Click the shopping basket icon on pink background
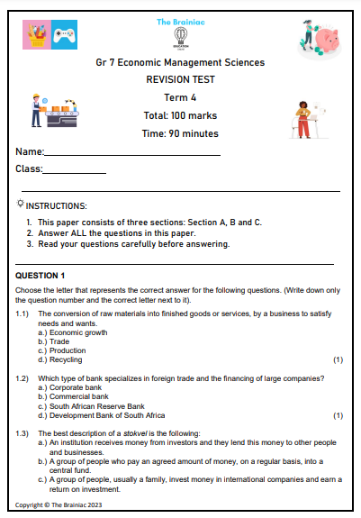click(37, 37)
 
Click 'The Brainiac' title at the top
click(180, 21)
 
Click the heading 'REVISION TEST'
click(180, 80)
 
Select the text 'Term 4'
click(180, 97)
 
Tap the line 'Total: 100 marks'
click(180, 115)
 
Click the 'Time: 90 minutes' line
click(180, 133)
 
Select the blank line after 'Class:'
click(75, 170)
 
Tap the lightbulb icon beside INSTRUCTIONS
click(21, 204)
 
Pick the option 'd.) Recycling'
click(59, 359)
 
